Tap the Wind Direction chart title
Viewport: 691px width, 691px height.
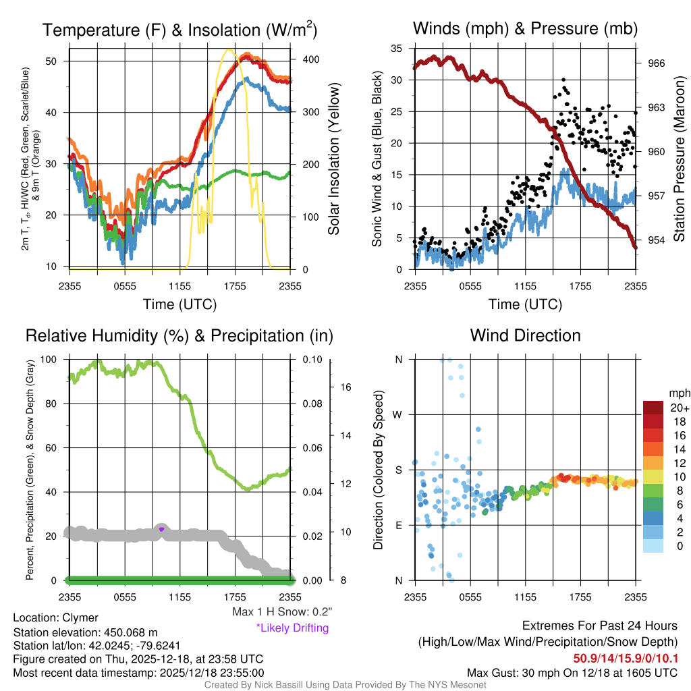point(525,335)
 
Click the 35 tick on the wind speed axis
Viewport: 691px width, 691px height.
point(397,49)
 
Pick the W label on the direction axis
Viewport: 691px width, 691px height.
point(398,414)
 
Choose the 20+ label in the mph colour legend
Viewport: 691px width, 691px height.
point(680,408)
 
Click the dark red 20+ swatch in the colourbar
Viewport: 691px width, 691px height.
point(655,408)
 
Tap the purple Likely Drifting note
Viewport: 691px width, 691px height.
point(292,628)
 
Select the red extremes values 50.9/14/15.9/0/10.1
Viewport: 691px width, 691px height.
point(626,658)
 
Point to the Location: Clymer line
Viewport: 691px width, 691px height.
point(56,618)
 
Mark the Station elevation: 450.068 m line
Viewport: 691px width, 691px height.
point(85,632)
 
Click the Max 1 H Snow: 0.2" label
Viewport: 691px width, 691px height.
point(281,612)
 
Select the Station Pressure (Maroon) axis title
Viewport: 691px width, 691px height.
point(680,163)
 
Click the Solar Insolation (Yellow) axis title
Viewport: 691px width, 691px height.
point(333,159)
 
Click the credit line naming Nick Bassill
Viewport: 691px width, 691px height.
point(345,685)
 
